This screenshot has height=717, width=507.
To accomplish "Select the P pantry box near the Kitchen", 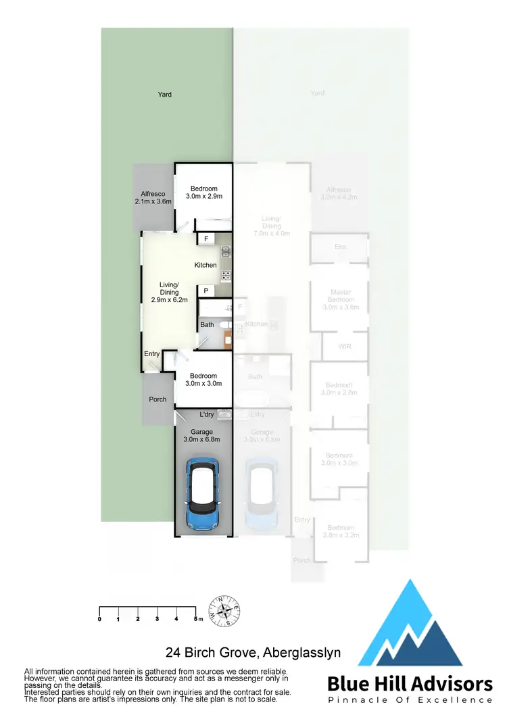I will [206, 291].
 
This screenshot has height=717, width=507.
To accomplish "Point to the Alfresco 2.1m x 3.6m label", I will [153, 197].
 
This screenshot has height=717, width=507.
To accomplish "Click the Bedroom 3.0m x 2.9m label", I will [203, 193].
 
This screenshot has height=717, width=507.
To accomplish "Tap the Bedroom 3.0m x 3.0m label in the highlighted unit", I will [203, 380].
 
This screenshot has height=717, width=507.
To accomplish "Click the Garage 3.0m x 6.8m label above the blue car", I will [201, 435].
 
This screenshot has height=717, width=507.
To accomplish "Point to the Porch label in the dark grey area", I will [158, 399].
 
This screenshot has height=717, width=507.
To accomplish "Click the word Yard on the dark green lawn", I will [164, 95].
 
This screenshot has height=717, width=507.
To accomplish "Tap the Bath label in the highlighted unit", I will [207, 325].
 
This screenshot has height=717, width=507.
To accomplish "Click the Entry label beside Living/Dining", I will [152, 354].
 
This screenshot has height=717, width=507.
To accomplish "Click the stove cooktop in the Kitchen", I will [226, 276].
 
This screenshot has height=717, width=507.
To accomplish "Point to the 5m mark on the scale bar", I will [197, 619].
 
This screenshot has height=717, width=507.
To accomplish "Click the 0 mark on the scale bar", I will [99, 619].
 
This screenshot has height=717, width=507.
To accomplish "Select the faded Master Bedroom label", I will [341, 296].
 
